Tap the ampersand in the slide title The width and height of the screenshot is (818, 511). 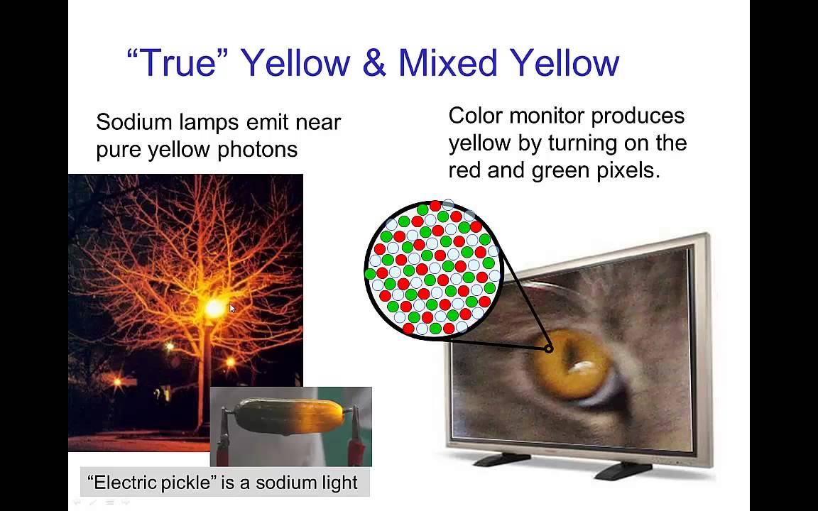tap(373, 62)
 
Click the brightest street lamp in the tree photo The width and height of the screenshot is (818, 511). tap(214, 307)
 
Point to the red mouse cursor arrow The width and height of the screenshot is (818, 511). tap(232, 309)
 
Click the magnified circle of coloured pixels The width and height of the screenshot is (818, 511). tap(433, 268)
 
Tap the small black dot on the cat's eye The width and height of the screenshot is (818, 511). tap(548, 348)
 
